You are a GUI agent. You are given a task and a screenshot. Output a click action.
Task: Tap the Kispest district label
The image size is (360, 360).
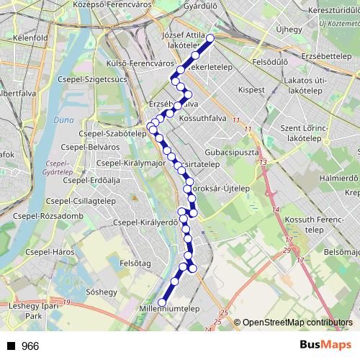point(251,90)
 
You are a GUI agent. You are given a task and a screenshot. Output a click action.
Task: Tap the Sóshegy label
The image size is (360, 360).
point(101,292)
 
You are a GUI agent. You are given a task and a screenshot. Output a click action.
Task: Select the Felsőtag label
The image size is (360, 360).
point(135,264)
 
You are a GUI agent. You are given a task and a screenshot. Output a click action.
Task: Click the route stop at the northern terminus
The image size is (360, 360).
point(210,38)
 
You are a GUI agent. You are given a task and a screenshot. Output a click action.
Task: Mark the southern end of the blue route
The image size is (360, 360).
point(162,302)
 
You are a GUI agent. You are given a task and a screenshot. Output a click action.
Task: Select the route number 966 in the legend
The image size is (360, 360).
point(30,346)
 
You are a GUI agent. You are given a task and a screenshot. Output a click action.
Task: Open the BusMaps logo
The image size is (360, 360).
point(325,345)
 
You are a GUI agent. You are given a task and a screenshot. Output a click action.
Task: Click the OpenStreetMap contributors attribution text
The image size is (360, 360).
point(297,322)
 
